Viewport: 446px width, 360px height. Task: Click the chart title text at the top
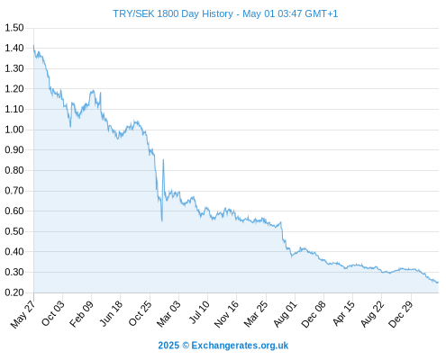click(225, 13)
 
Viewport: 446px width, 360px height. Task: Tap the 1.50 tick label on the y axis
click(14, 28)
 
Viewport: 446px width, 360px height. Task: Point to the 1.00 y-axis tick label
click(14, 130)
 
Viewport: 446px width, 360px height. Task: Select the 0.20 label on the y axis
click(14, 292)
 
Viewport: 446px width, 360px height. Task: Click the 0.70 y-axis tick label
click(14, 191)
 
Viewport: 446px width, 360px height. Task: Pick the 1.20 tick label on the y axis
click(14, 89)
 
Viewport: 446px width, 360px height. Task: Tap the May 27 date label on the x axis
click(23, 314)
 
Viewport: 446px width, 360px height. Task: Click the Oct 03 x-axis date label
click(53, 313)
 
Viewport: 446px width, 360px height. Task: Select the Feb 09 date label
click(81, 314)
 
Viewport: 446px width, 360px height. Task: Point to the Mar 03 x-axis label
click(168, 314)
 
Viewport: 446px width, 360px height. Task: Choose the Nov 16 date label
click(226, 314)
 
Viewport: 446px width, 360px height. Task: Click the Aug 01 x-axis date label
click(286, 314)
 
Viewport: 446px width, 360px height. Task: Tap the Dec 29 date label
click(401, 314)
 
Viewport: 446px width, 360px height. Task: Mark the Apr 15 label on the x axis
click(343, 313)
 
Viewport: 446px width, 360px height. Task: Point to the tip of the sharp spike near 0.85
click(163, 159)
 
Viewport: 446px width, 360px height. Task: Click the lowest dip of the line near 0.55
click(162, 221)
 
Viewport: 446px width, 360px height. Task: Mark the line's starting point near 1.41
click(33, 45)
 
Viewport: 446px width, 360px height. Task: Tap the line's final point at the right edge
click(438, 283)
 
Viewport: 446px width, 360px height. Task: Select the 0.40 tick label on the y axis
click(14, 252)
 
